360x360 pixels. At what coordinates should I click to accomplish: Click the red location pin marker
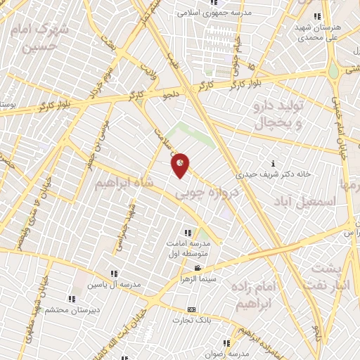coord(181,164)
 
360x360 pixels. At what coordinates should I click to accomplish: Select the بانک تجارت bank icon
coord(191,309)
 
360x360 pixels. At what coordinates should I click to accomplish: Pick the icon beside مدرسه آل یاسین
coord(112,274)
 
